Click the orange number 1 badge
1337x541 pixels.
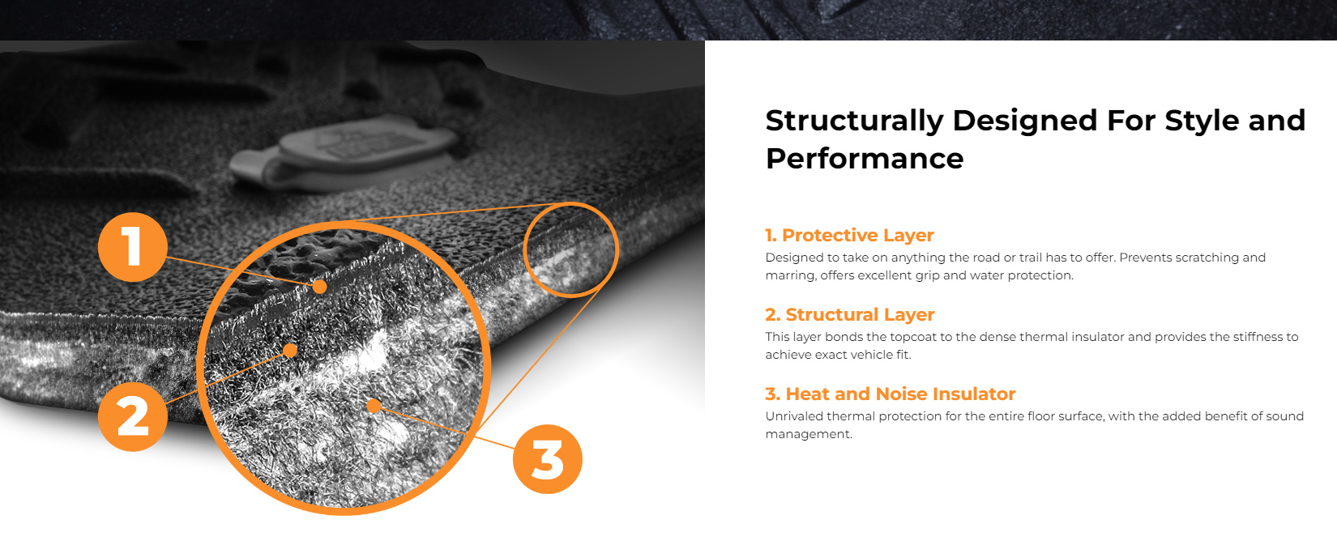point(133,247)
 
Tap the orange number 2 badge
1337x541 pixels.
point(133,416)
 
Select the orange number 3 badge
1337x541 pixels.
point(547,458)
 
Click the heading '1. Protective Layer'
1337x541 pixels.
point(849,235)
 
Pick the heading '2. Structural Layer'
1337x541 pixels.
point(850,314)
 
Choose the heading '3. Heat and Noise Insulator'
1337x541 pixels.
point(891,394)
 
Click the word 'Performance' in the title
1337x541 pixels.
point(865,159)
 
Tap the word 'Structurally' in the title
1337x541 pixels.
point(855,121)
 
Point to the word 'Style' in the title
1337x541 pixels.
point(1202,121)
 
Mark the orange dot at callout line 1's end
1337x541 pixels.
point(320,287)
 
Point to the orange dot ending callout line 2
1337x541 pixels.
point(290,350)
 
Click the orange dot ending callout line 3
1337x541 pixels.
point(374,407)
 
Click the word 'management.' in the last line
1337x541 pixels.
point(809,435)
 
